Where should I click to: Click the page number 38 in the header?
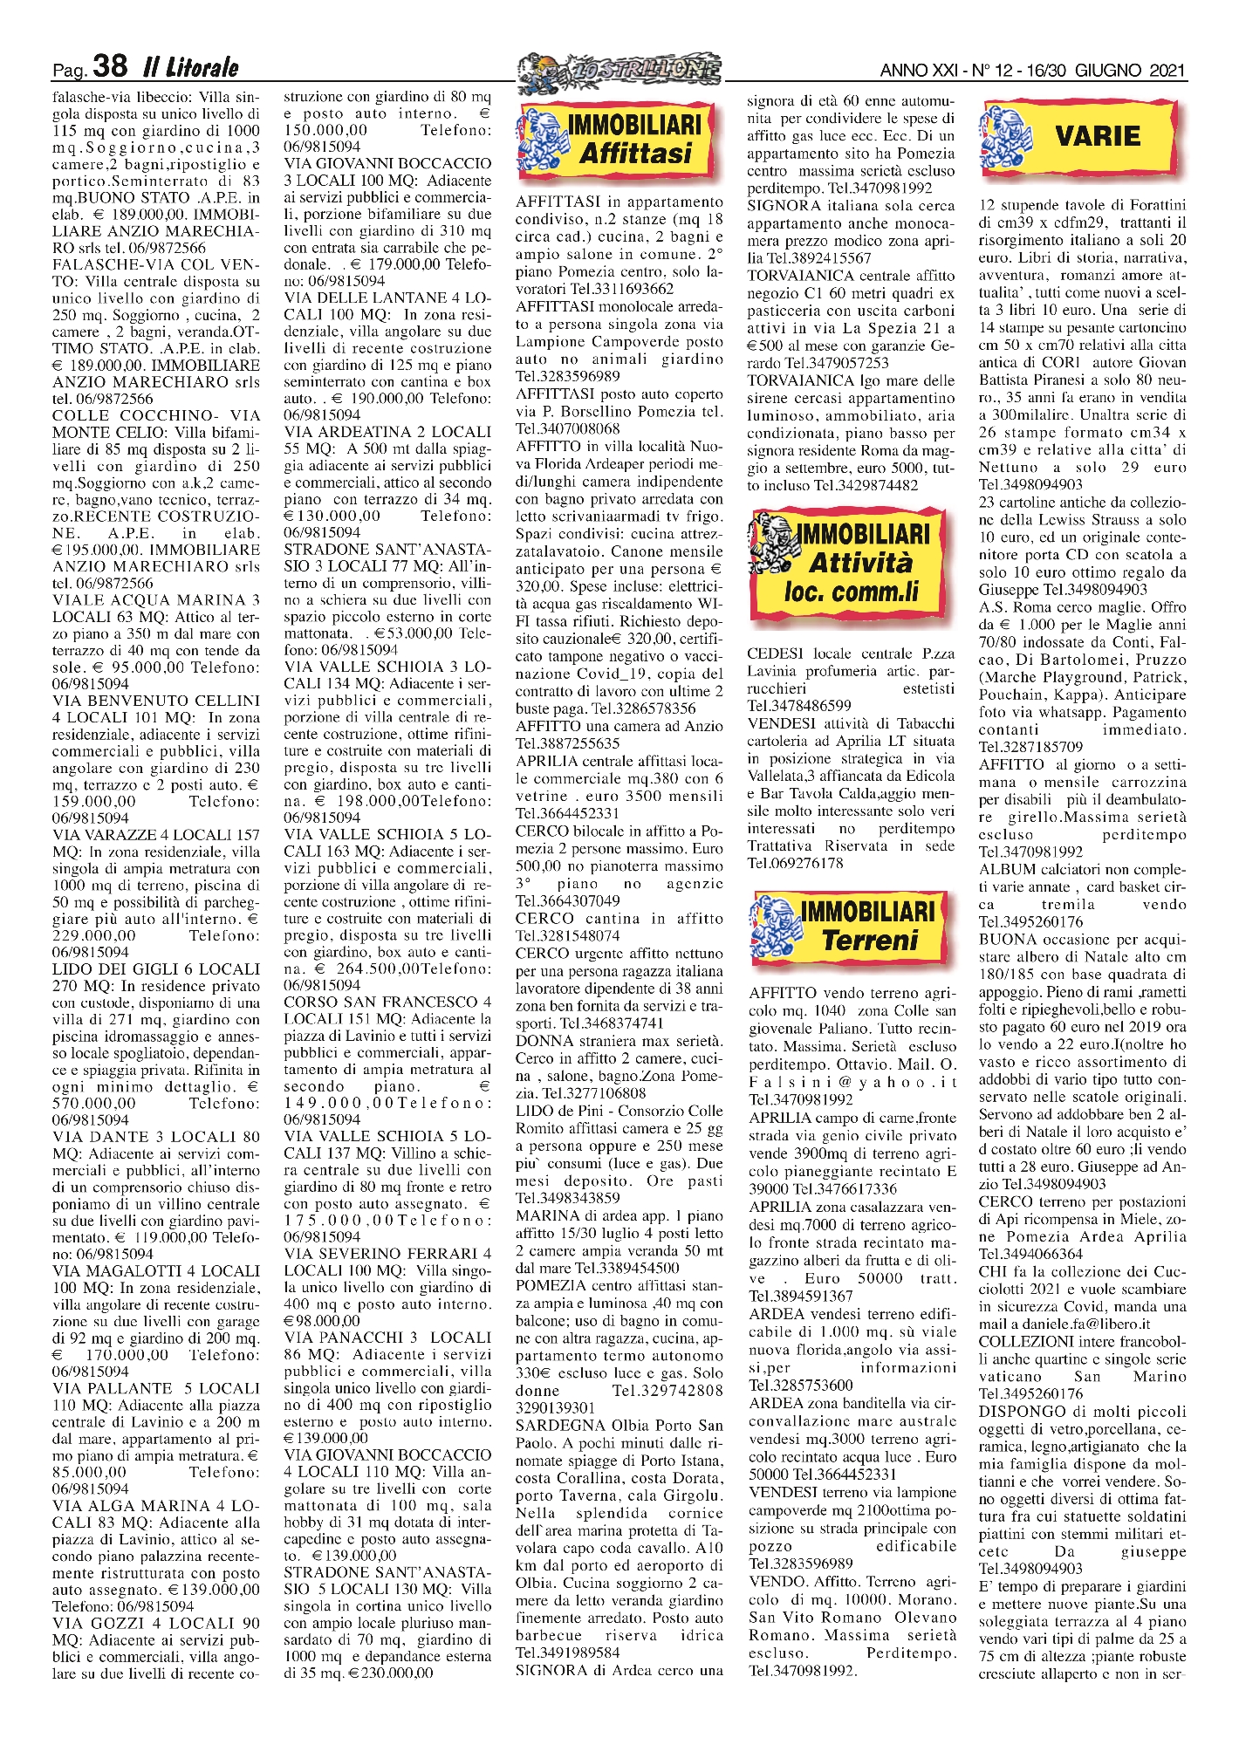pyautogui.click(x=110, y=66)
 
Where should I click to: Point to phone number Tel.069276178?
pyautogui.click(x=795, y=863)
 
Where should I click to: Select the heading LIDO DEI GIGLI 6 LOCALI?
pyautogui.click(x=156, y=969)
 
